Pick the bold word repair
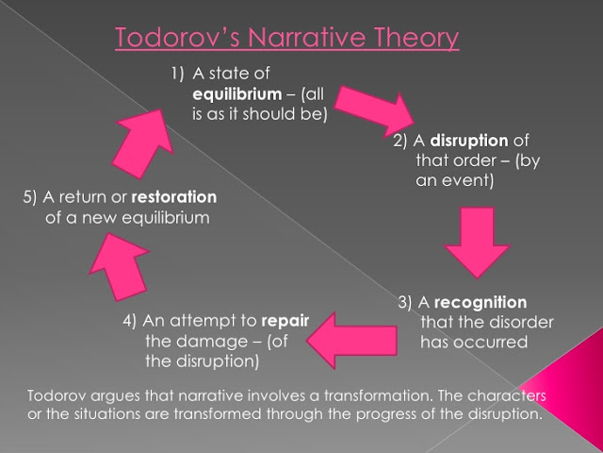(286, 320)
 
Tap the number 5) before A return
(29, 197)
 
